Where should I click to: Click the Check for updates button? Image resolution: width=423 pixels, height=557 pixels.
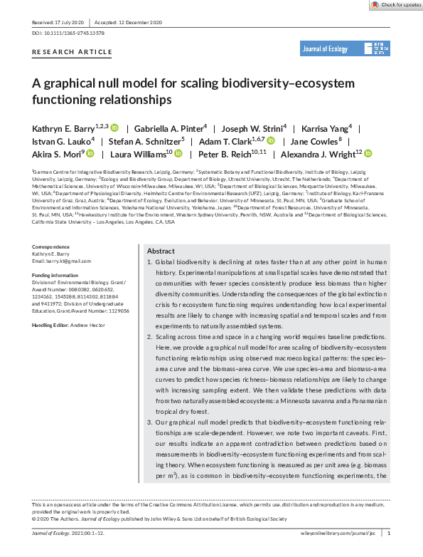click(x=395, y=4)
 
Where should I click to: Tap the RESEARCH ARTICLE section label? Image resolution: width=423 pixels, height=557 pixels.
click(x=73, y=53)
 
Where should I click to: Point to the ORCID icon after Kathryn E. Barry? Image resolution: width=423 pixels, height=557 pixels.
click(x=114, y=128)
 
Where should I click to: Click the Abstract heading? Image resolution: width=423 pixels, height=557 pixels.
click(x=161, y=251)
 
